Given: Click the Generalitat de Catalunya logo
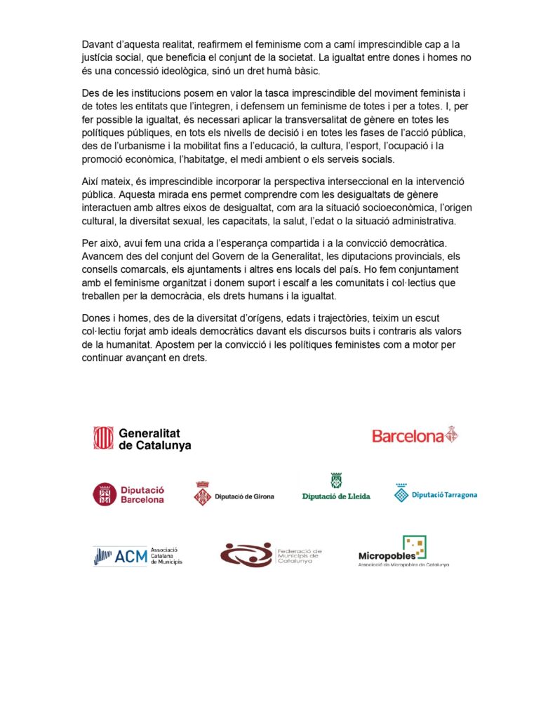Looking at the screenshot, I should (142, 438).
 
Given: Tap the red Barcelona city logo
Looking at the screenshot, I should (415, 435).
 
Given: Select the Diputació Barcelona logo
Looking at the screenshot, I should (128, 494).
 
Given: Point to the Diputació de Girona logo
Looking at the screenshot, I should (234, 495).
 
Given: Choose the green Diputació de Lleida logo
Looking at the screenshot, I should (336, 488).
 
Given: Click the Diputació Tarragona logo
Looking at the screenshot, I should (436, 494).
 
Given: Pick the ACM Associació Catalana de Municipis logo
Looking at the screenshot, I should (137, 556).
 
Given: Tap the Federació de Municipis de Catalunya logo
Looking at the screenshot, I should (271, 555).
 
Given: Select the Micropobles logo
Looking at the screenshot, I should (403, 552).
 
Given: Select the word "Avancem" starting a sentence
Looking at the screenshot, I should (105, 257).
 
